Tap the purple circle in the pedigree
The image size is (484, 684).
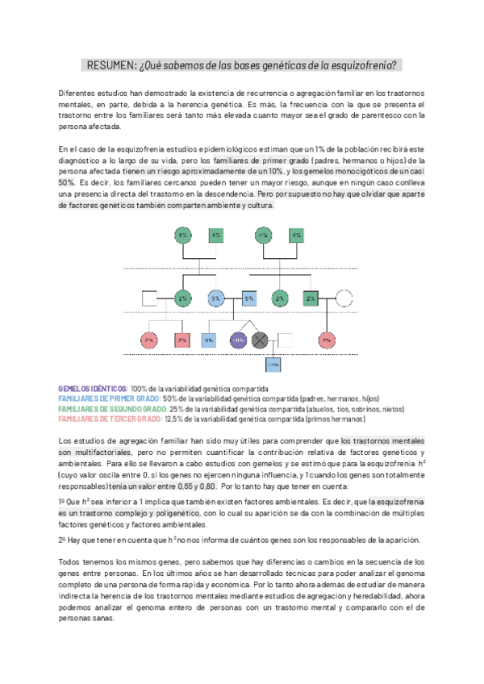coord(238,340)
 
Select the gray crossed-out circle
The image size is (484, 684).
coord(260,340)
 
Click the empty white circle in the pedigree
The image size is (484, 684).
coord(344,298)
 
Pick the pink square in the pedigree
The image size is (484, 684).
coord(183,340)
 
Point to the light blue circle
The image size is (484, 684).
coord(215,298)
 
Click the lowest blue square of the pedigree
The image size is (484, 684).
coord(273,365)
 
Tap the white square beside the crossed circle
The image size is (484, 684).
coord(285,340)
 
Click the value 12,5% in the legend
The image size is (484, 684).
coord(175,419)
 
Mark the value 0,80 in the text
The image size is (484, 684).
coord(207,486)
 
